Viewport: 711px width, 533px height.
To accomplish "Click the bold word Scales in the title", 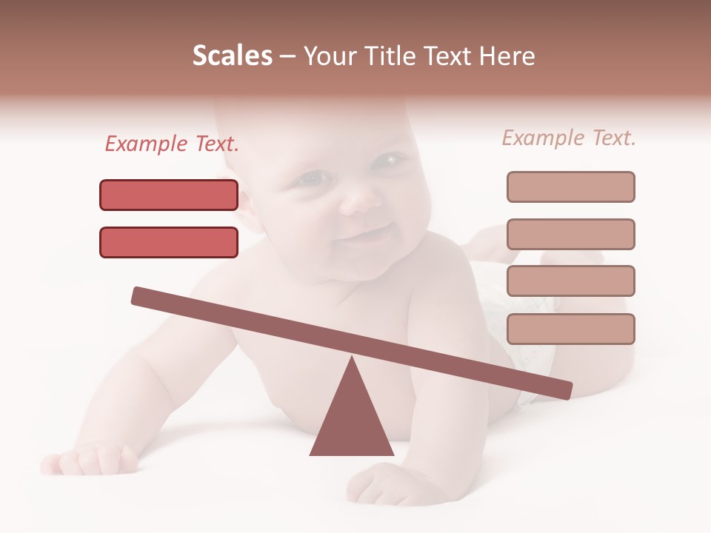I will point(232,56).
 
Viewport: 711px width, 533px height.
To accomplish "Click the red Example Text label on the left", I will point(172,144).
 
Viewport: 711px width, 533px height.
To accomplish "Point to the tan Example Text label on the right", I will point(569,138).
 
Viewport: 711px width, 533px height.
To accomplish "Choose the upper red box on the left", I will point(169,195).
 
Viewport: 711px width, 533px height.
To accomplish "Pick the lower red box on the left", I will point(169,242).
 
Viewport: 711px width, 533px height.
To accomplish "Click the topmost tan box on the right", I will point(570,187).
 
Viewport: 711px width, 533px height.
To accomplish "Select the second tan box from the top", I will point(570,234).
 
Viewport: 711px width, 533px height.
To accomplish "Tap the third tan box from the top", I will point(570,281).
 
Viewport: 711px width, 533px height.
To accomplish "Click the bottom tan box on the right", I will point(570,329).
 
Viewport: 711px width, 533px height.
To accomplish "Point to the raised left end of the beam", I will point(141,295).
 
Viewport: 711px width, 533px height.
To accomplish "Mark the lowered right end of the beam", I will point(563,389).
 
